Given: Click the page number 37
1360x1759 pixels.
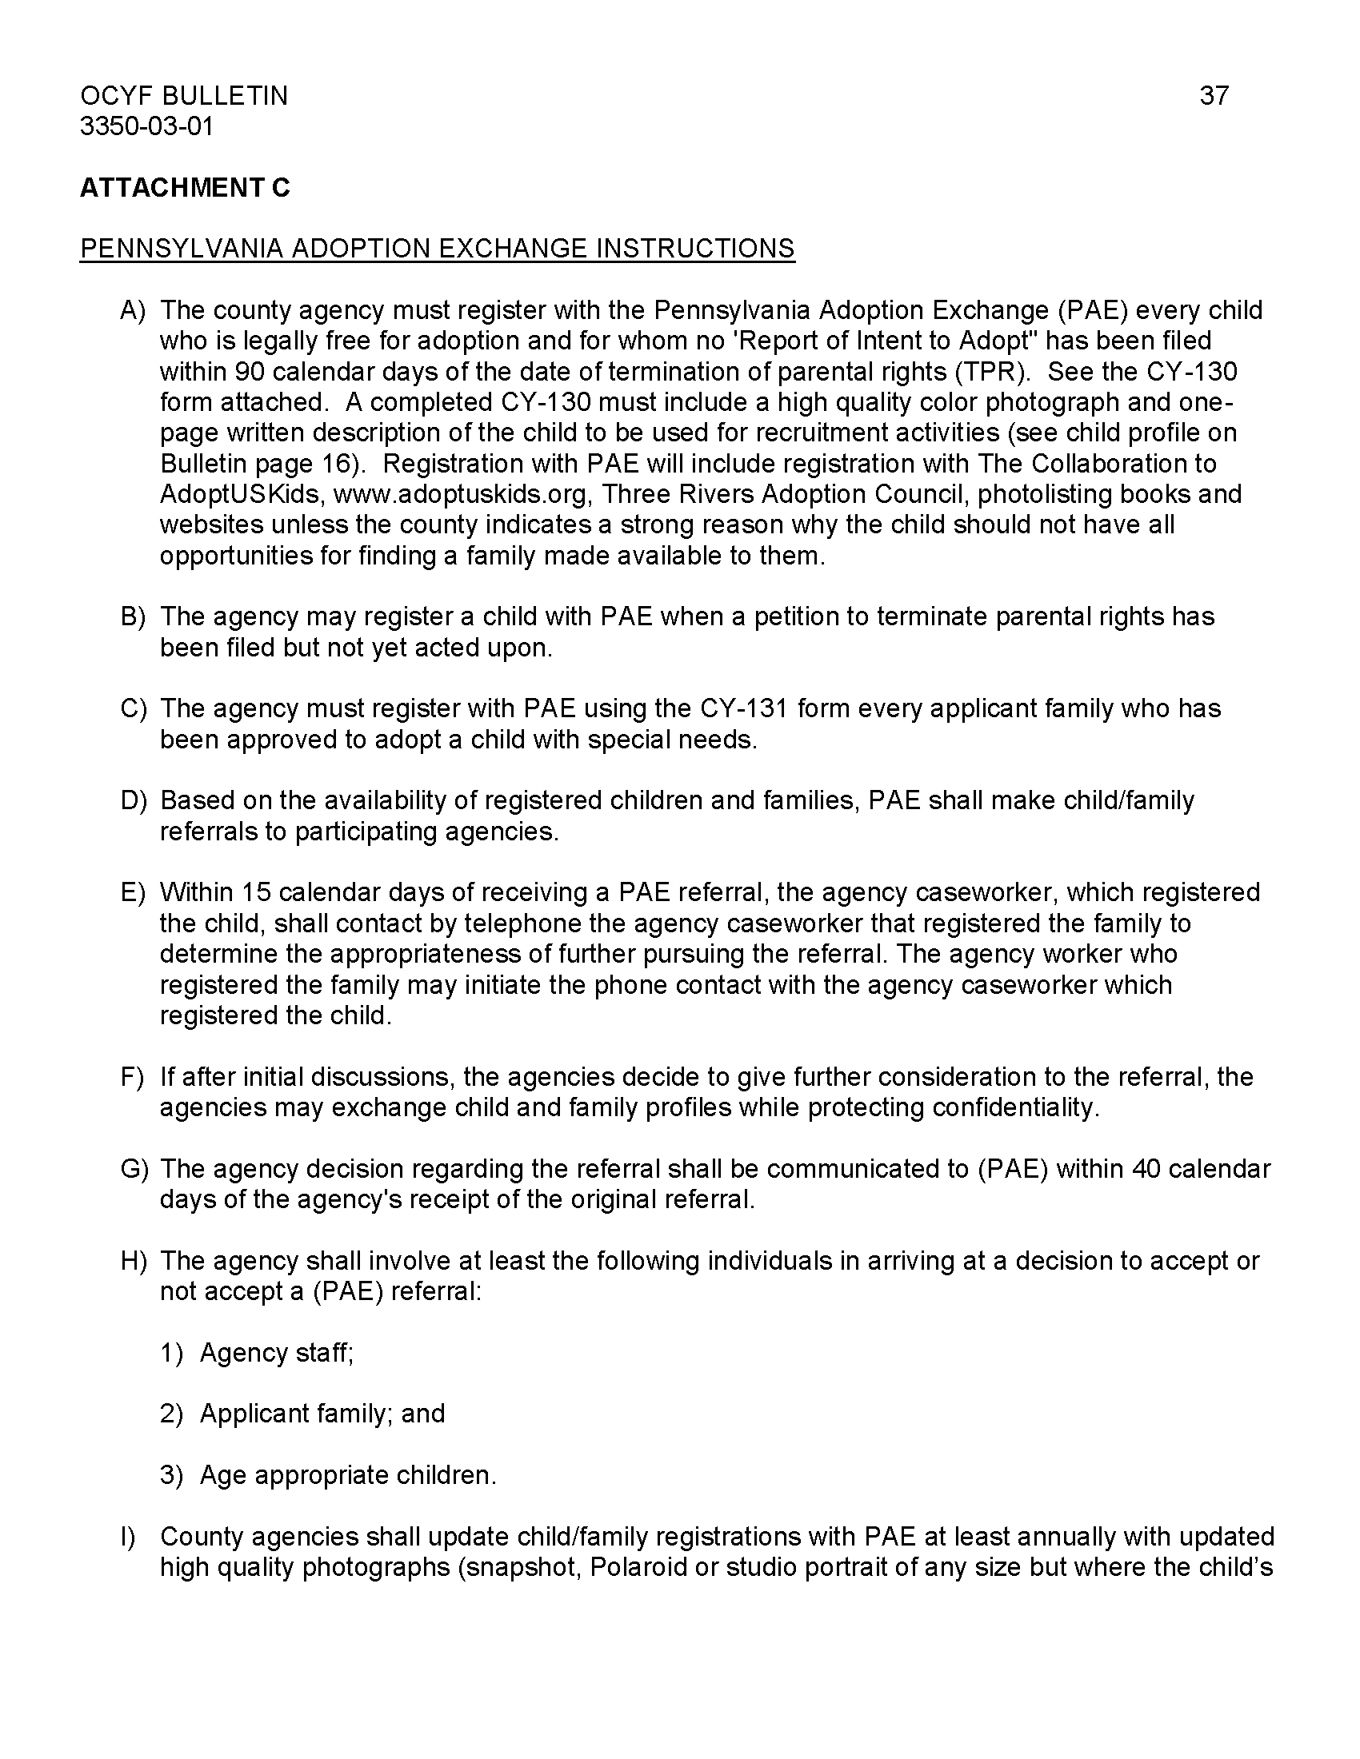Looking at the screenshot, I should click(1214, 96).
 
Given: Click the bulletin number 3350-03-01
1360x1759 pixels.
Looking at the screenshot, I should click(146, 126).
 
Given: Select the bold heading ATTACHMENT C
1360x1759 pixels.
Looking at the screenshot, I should click(185, 188).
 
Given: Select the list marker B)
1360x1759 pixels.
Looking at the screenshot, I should click(134, 616).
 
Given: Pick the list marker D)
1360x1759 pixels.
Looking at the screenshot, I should click(134, 800).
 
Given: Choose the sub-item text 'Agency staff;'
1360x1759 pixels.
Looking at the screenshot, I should click(276, 1352).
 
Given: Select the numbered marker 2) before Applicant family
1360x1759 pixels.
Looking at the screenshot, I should click(172, 1414).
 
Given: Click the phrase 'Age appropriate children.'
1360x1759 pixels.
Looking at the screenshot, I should click(348, 1474).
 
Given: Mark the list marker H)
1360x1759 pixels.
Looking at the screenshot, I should click(134, 1260).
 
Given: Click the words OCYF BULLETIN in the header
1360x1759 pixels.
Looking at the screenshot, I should click(184, 96).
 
